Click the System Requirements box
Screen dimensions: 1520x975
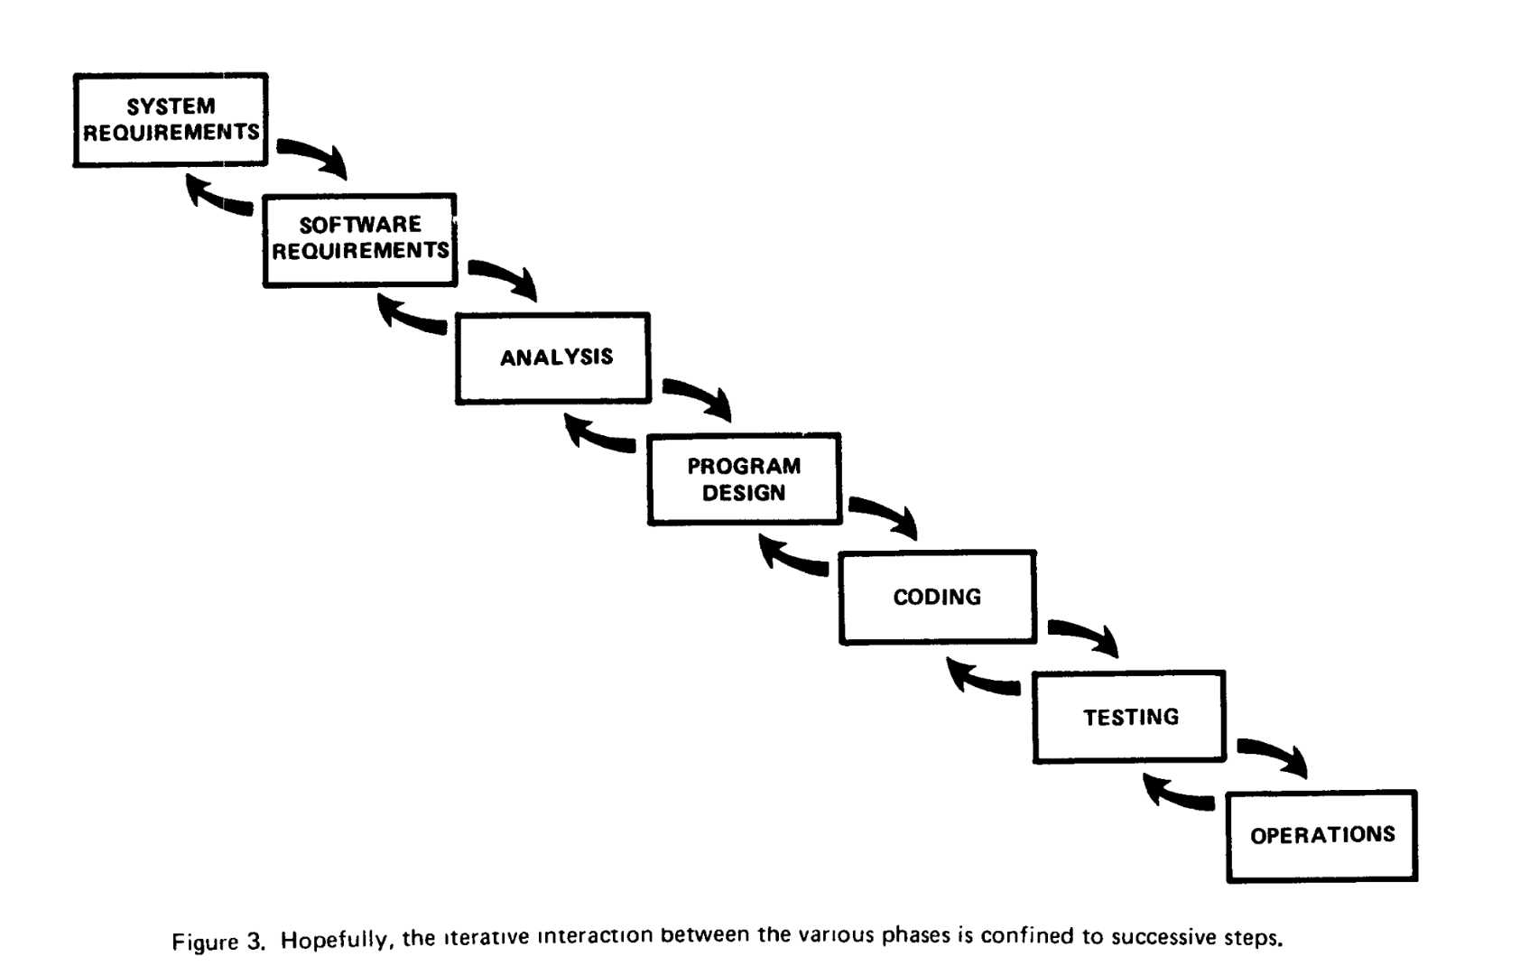pos(171,119)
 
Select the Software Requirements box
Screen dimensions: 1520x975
pos(359,240)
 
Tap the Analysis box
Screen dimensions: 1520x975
pos(553,358)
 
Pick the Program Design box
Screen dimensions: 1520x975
pos(745,479)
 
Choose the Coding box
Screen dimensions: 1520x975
pos(937,597)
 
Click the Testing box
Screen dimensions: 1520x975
pos(1129,717)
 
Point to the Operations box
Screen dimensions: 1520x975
pos(1321,836)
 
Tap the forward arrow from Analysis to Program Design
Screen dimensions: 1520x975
pos(702,395)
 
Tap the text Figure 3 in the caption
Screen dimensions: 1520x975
pos(218,942)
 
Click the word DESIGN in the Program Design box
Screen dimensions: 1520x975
pos(744,493)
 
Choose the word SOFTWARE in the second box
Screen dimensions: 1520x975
pos(360,225)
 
